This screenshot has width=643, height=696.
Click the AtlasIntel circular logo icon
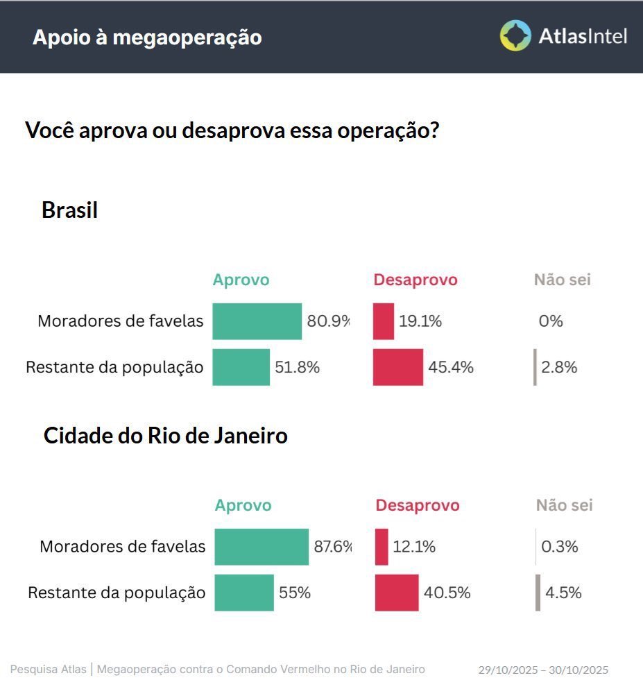click(515, 35)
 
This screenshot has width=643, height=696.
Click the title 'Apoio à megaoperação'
click(147, 37)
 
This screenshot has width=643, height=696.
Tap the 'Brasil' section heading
click(69, 210)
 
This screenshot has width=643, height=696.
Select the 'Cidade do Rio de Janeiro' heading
click(165, 436)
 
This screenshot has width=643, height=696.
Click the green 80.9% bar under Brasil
click(257, 321)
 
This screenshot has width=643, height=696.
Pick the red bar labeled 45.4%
click(397, 367)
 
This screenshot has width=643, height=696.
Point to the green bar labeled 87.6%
click(261, 547)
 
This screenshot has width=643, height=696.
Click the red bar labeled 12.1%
click(381, 547)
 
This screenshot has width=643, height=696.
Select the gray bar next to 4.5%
click(538, 593)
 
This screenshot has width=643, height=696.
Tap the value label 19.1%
click(420, 321)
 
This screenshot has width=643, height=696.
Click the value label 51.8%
click(297, 367)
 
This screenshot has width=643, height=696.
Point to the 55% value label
click(295, 593)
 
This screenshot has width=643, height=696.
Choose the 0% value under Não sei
click(551, 321)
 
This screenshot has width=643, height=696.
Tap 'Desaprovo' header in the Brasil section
click(415, 280)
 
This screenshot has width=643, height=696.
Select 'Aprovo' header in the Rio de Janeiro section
click(243, 505)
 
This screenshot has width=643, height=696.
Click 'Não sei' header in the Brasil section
click(562, 280)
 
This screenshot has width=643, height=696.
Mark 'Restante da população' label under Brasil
click(114, 367)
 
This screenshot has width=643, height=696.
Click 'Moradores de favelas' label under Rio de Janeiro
click(122, 547)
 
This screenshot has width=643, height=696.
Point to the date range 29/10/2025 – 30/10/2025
click(542, 670)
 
